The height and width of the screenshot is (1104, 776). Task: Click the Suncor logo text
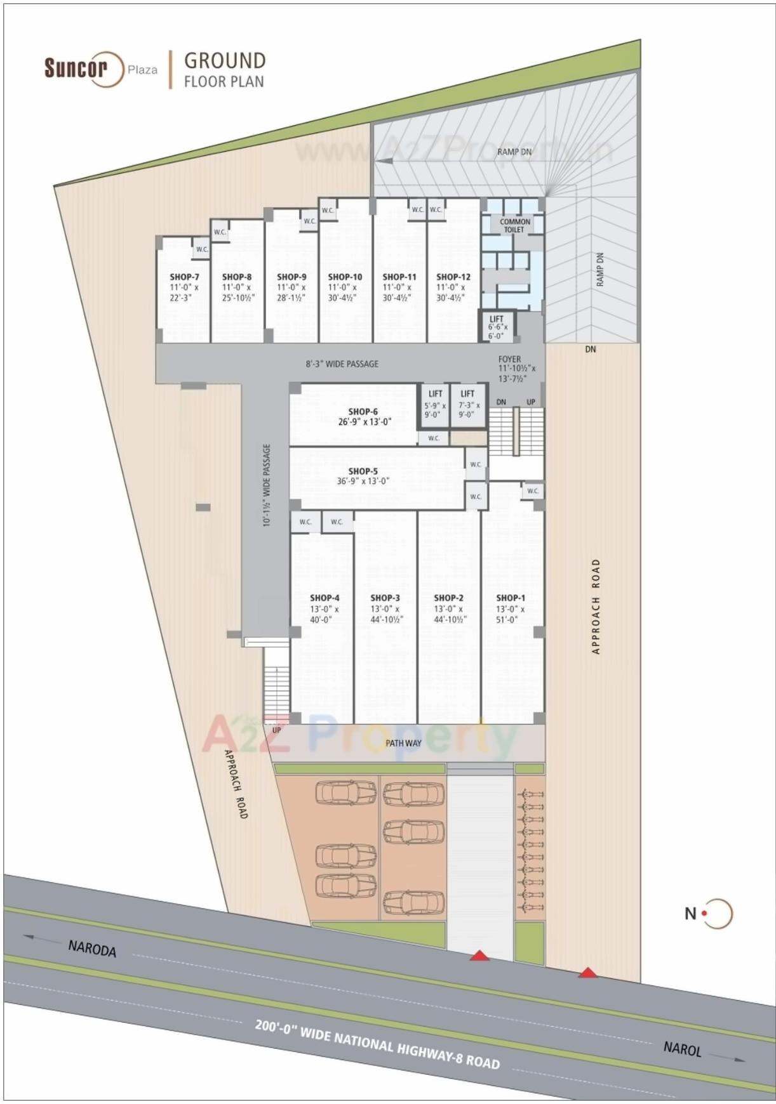pyautogui.click(x=75, y=67)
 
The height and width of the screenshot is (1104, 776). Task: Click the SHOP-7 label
pyautogui.click(x=184, y=277)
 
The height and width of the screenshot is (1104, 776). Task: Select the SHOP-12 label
pyautogui.click(x=453, y=277)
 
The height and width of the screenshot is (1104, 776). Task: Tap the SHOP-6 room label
pyautogui.click(x=363, y=412)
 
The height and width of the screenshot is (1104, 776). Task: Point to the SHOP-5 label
pyautogui.click(x=363, y=471)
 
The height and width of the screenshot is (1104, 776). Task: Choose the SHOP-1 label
pyautogui.click(x=511, y=598)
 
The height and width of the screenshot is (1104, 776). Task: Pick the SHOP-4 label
pyautogui.click(x=324, y=598)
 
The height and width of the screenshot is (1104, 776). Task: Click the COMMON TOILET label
pyautogui.click(x=514, y=225)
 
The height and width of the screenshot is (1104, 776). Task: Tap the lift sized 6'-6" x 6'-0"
pyautogui.click(x=497, y=327)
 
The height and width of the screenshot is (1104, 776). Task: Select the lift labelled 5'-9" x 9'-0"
pyautogui.click(x=435, y=404)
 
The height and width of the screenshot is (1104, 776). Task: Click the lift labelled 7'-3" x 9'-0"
pyautogui.click(x=468, y=404)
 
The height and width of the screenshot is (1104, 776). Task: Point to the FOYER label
pyautogui.click(x=510, y=359)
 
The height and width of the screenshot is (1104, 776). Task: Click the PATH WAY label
pyautogui.click(x=403, y=742)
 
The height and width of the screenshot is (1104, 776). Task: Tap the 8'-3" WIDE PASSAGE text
pyautogui.click(x=342, y=364)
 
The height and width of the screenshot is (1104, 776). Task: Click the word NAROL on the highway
pyautogui.click(x=682, y=1048)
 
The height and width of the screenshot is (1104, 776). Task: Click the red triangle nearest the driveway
pyautogui.click(x=479, y=956)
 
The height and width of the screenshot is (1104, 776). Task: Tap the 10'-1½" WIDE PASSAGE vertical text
pyautogui.click(x=267, y=485)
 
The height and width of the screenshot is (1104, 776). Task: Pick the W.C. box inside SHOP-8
pyautogui.click(x=220, y=232)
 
